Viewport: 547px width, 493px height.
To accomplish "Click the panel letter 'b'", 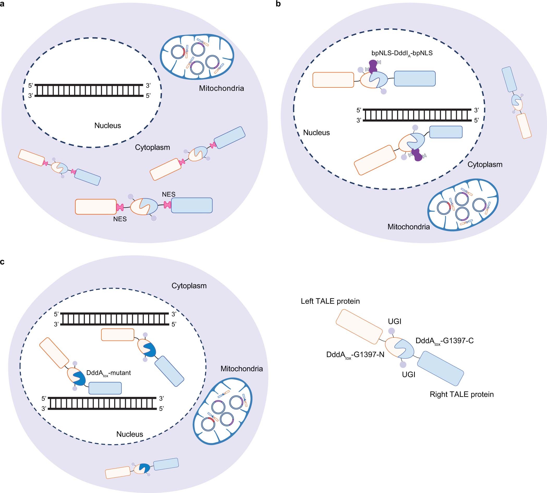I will click(x=278, y=4).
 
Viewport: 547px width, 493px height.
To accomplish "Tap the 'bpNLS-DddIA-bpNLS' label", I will click(x=402, y=53).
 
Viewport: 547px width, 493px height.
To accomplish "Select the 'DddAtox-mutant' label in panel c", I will click(x=108, y=373).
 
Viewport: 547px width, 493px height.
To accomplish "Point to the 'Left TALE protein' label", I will click(x=330, y=301).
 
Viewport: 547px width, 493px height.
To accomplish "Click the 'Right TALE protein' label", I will click(x=461, y=394).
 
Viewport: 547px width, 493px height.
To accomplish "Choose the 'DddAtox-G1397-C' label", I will click(x=445, y=341).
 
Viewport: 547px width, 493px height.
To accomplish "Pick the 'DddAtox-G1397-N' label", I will click(x=355, y=355).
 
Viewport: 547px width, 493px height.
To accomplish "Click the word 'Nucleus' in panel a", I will click(x=107, y=126).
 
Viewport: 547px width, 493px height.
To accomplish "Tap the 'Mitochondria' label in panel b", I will click(x=408, y=227).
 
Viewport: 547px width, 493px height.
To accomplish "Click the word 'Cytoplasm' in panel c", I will click(x=189, y=286).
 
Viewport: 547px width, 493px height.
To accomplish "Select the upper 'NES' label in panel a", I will click(x=169, y=194).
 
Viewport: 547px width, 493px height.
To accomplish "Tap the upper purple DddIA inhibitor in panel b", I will click(x=373, y=67).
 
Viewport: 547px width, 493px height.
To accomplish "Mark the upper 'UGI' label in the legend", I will click(x=395, y=322).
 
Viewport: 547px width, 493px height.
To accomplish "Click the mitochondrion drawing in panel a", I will click(x=197, y=57).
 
